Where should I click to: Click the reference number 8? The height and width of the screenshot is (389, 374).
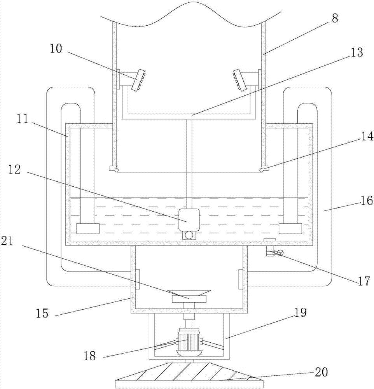[335, 18]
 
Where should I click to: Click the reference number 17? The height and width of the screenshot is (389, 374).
[364, 281]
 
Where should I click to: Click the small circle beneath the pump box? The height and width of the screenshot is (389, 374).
[189, 235]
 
